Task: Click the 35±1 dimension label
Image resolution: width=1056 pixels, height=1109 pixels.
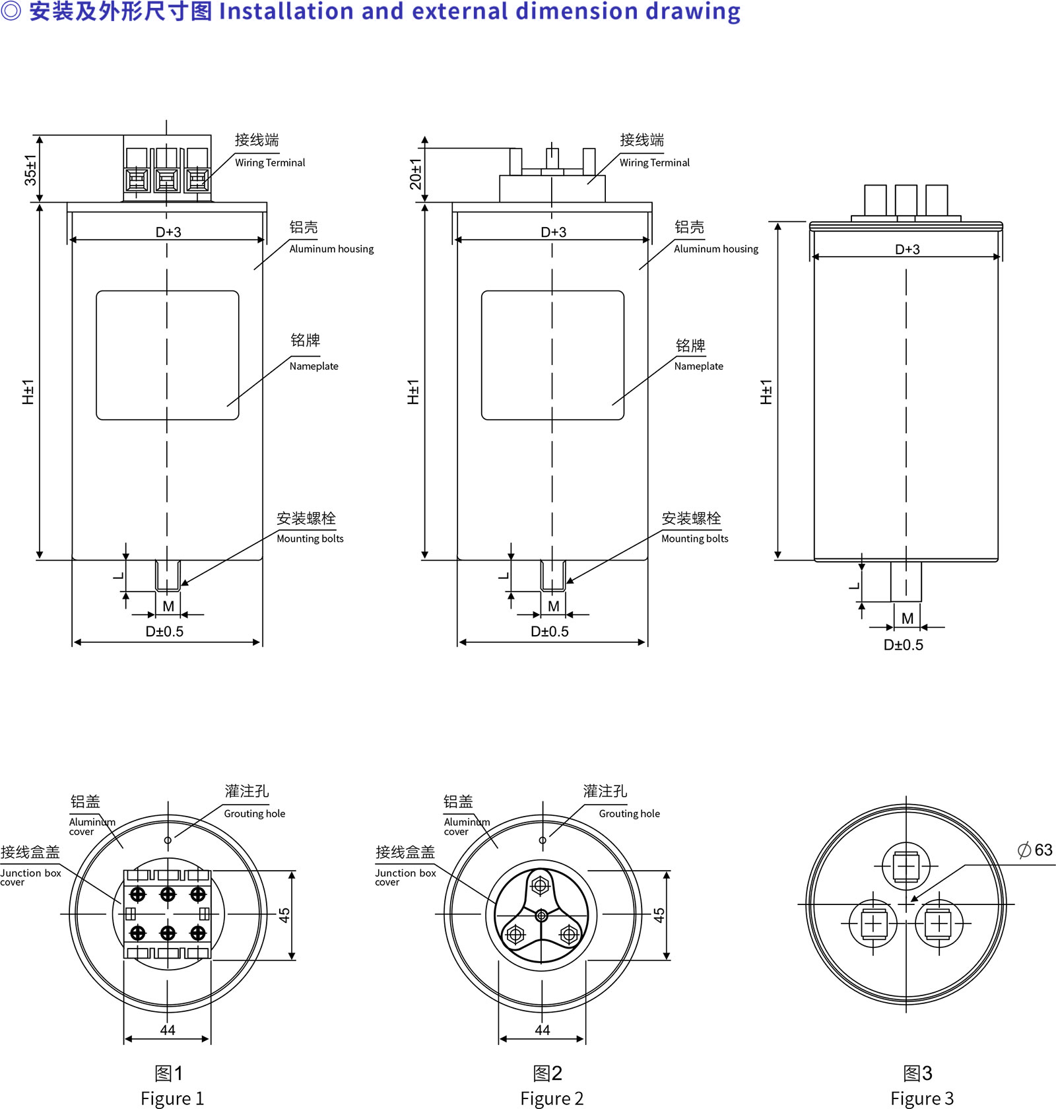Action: pos(30,170)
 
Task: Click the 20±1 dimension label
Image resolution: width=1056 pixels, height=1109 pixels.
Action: pos(415,174)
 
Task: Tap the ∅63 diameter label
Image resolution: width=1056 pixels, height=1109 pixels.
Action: pos(1035,850)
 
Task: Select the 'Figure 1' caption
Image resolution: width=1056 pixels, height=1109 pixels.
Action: pos(172,1098)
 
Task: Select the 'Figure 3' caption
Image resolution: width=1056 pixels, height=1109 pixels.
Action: pos(922,1098)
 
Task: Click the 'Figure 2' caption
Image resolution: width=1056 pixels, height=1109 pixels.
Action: pos(552,1098)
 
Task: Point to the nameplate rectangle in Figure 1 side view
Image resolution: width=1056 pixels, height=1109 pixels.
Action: pos(168,355)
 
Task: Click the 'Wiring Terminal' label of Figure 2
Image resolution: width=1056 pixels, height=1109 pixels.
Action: pos(654,162)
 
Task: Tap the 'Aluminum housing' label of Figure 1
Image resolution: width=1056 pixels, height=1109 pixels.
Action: pos(331,249)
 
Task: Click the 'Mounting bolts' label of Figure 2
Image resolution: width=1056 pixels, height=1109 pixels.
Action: pos(695,539)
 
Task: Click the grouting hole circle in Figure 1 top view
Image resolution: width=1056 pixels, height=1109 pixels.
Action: pos(168,840)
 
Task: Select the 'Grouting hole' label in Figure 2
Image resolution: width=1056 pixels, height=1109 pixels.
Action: pos(630,814)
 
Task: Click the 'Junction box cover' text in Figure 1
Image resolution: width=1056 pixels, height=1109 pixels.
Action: pos(30,877)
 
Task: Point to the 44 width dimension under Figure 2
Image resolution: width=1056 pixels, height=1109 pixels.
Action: pos(543,1030)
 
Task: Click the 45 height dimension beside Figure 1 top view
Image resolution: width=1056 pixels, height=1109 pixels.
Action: pos(284,915)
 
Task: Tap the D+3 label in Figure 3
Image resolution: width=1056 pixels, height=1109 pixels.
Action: pos(907,250)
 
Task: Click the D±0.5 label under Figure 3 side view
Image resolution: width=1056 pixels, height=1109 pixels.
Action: pos(904,645)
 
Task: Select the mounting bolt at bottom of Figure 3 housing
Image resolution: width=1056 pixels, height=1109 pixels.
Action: pos(906,582)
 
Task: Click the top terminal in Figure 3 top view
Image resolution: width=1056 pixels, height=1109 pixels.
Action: pos(906,867)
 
